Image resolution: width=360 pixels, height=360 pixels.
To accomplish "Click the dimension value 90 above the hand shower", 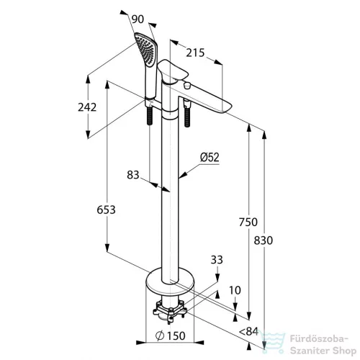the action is (x=138, y=19).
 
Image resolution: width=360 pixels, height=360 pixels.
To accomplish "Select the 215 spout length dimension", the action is (x=195, y=53).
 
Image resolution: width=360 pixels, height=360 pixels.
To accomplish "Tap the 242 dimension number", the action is (x=87, y=107).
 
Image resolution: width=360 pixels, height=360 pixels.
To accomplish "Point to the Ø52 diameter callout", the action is (x=210, y=158).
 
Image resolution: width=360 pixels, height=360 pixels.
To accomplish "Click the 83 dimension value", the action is (x=133, y=175).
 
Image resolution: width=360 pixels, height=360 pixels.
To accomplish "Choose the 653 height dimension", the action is (x=106, y=210).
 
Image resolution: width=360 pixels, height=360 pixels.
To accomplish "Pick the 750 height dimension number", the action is (x=248, y=222).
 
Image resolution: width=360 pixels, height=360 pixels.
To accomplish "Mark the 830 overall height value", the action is (x=264, y=240).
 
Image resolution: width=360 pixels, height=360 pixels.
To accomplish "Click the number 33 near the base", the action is (x=217, y=260).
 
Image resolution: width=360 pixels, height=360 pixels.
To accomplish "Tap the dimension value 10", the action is (x=235, y=290).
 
